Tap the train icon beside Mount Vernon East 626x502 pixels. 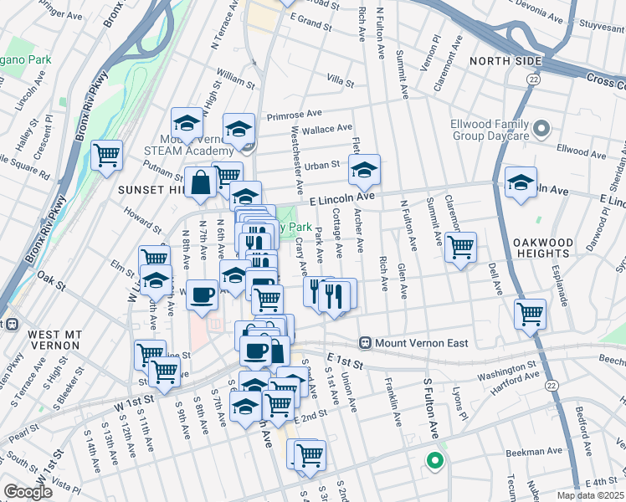tap(365, 343)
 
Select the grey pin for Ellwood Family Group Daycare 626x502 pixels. tap(541, 129)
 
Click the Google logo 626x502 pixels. tap(28, 492)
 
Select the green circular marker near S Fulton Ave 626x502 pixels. tap(434, 459)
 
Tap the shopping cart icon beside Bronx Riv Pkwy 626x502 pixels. tap(107, 155)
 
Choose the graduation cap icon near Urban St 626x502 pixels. tap(364, 170)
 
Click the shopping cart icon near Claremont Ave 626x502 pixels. tap(460, 247)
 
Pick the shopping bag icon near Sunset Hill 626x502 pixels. tap(201, 182)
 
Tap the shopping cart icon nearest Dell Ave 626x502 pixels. tap(531, 315)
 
